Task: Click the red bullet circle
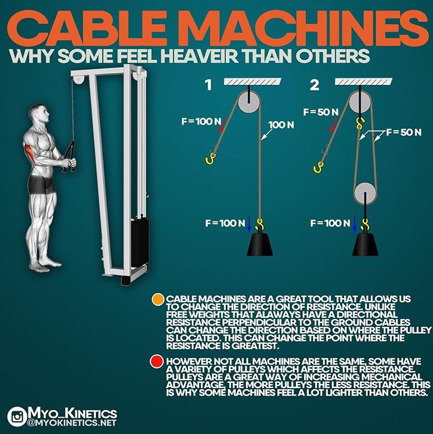pos(157,362)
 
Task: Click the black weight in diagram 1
pos(259,244)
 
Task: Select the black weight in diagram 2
pos(365,244)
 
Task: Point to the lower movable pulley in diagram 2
pos(365,193)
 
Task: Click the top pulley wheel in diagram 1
pos(249,102)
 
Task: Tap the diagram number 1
pos(209,85)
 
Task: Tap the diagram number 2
pos(315,85)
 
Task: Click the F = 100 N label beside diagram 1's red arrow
pos(201,121)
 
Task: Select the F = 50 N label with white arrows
pos(404,132)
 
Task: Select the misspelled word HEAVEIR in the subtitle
pos(200,56)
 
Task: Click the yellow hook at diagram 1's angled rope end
pos(211,159)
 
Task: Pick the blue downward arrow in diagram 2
pos(355,224)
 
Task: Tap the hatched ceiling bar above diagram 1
pos(252,81)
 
